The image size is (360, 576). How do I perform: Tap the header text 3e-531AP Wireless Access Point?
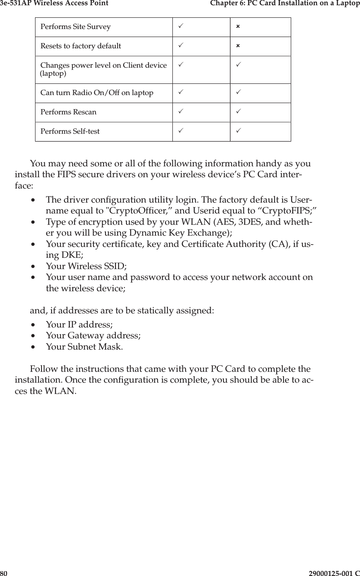[54, 4]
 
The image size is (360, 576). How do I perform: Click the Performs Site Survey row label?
[75, 27]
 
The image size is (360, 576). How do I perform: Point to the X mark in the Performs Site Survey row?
[238, 27]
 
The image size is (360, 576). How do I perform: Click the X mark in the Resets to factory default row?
[238, 46]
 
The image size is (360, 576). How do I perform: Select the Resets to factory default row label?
[81, 46]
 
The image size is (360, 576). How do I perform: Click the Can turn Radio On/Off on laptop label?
[97, 93]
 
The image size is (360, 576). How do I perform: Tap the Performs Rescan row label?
[68, 112]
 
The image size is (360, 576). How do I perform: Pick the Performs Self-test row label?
[70, 131]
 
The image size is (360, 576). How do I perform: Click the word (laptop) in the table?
[54, 74]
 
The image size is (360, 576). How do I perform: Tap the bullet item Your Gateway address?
[93, 336]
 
